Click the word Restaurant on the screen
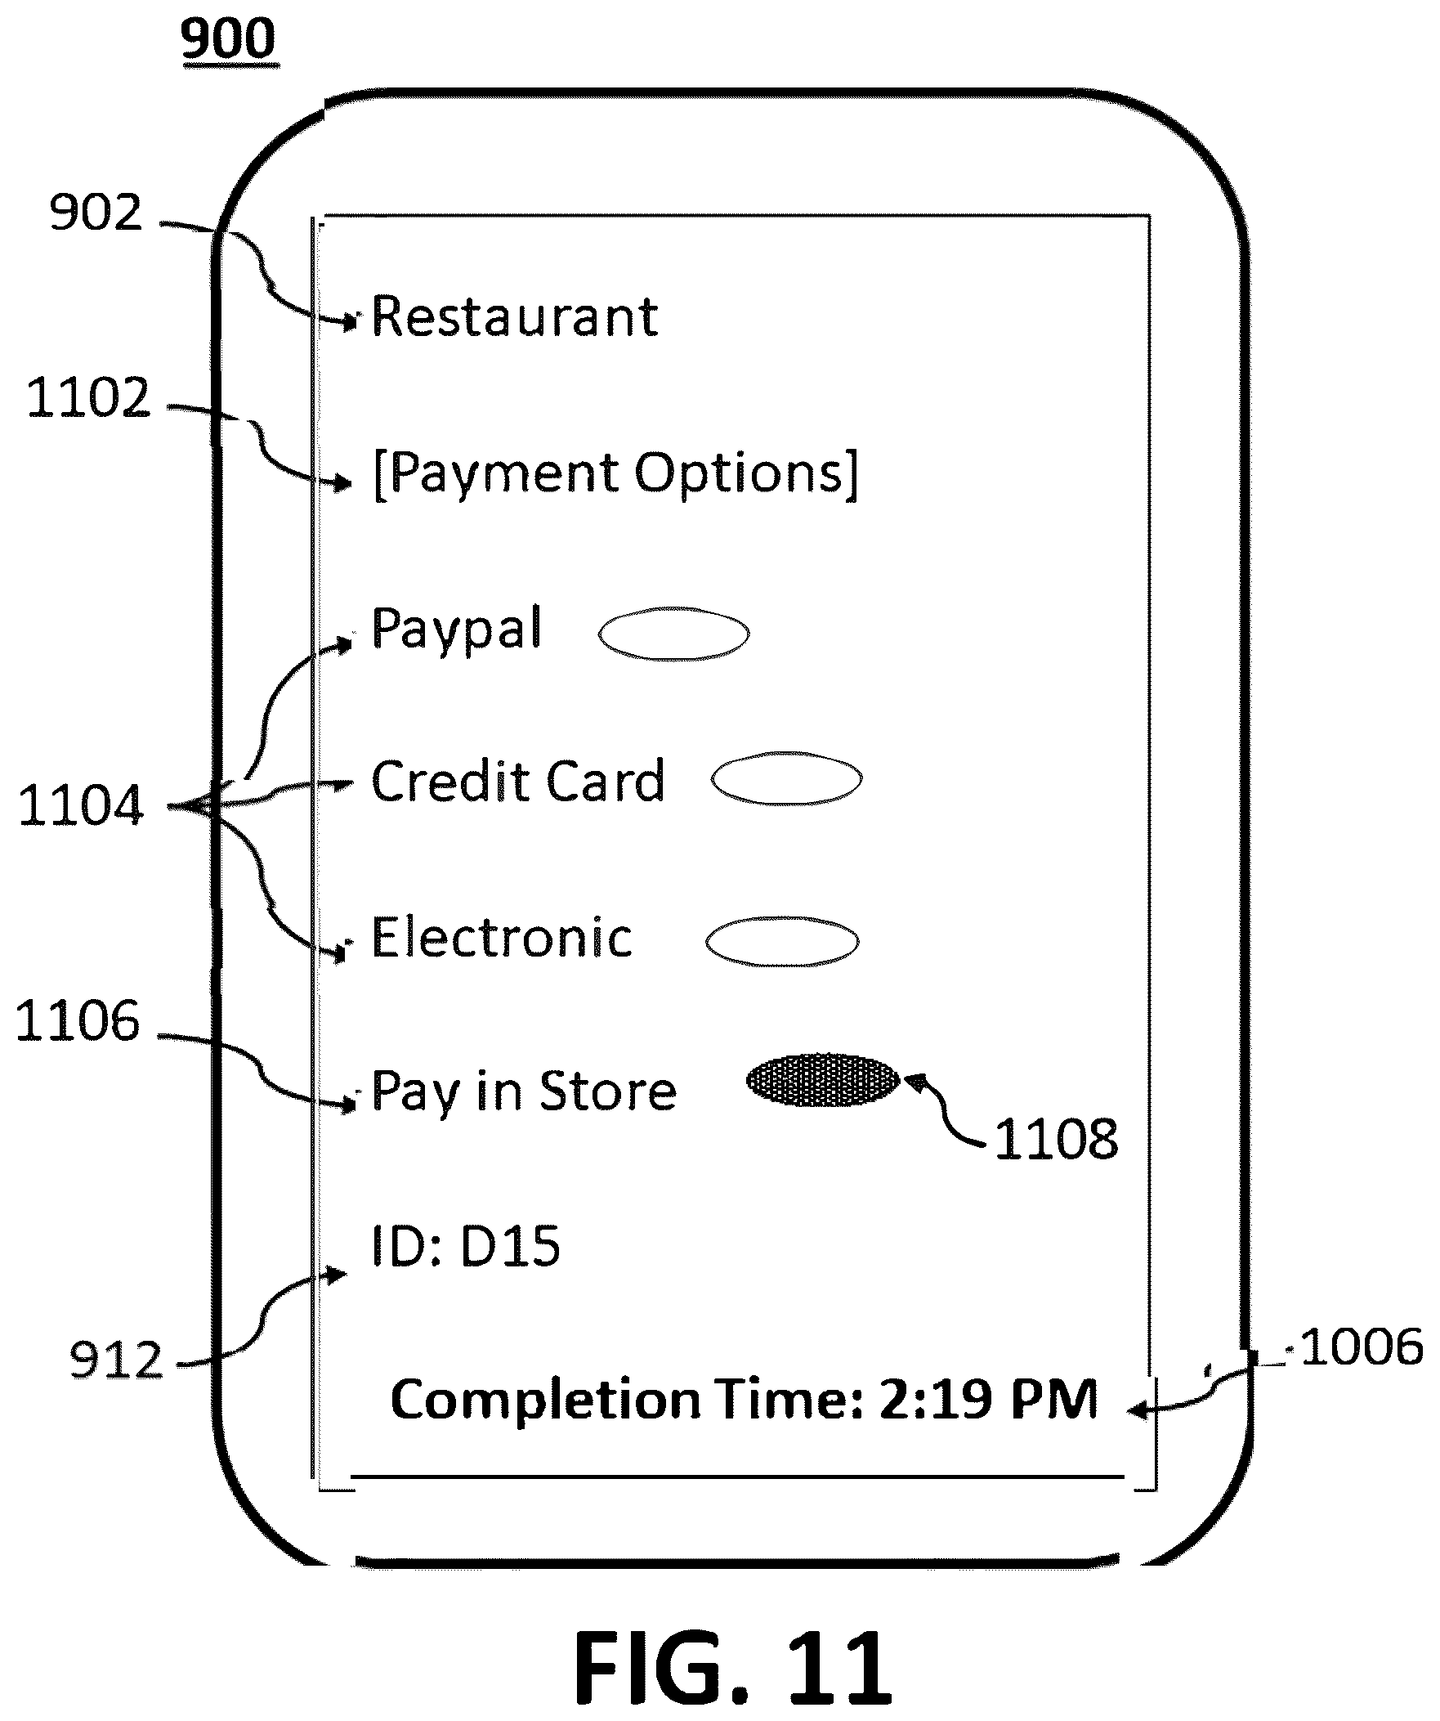514,317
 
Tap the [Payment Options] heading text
615,474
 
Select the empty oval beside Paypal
673,634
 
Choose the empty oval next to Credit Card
786,778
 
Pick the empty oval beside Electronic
782,941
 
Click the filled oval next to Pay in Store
822,1081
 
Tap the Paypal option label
456,630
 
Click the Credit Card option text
517,781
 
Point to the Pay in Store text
524,1092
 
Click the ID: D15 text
466,1247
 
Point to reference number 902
96,214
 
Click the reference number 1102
88,398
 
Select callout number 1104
80,805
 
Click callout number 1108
1056,1139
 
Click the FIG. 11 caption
732,1668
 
